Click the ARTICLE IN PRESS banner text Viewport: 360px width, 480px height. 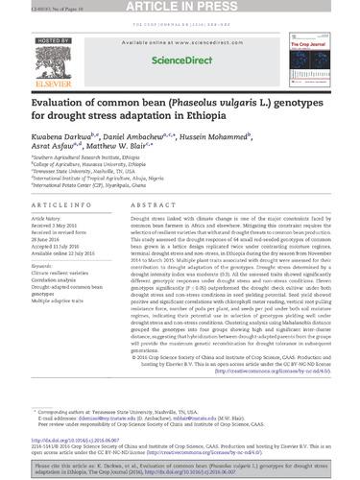point(180,8)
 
